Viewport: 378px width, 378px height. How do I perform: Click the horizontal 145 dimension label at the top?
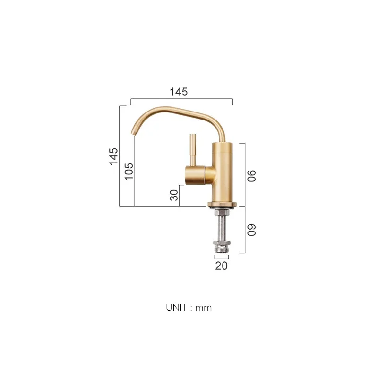pos(179,92)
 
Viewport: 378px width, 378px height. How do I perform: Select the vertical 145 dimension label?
pos(113,156)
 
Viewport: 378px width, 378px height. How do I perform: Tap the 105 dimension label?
pos(129,171)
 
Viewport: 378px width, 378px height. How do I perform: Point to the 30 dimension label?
pos(174,195)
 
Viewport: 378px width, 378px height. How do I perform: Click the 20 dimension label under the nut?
pos(221,266)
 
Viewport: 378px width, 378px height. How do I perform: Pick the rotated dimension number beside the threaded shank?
pos(252,230)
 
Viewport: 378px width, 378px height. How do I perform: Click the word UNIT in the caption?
pos(177,308)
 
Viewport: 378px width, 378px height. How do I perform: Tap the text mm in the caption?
pos(204,308)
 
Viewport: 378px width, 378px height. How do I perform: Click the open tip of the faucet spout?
pos(133,134)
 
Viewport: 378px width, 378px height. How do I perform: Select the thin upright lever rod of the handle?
pos(193,149)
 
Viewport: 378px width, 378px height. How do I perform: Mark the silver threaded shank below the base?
pos(221,224)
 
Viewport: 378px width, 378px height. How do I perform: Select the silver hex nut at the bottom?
pos(221,247)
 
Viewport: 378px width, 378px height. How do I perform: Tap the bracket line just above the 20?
pos(221,258)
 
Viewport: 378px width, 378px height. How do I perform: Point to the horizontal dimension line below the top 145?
pos(181,100)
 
